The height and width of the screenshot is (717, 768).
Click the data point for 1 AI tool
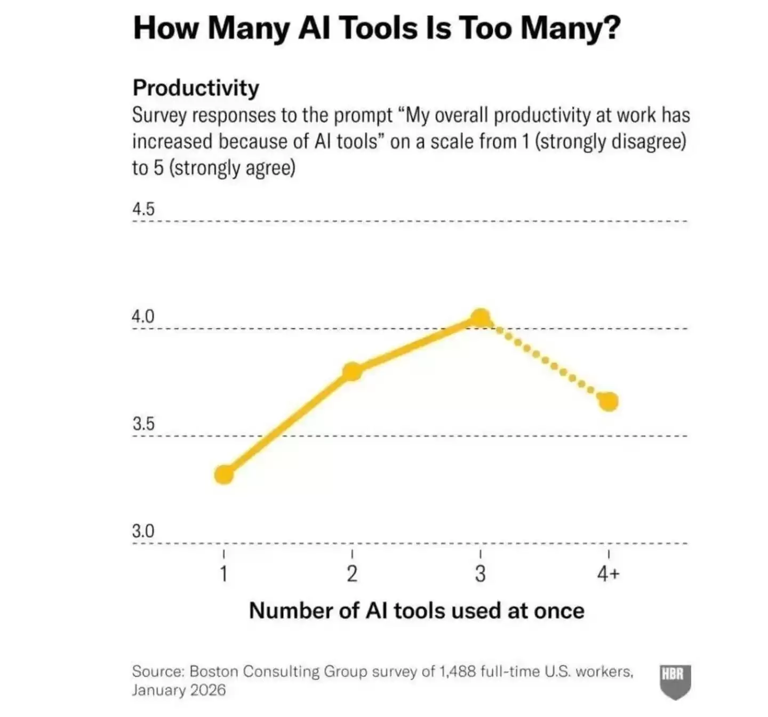[x=224, y=474]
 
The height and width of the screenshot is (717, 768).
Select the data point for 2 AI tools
[x=352, y=371]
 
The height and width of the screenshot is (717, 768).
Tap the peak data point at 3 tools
[x=481, y=318]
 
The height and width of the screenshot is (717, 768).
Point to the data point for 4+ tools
[x=609, y=401]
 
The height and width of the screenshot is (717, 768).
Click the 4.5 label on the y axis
[x=143, y=209]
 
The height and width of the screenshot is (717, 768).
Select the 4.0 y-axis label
[x=143, y=317]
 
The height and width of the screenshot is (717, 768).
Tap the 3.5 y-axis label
[x=143, y=424]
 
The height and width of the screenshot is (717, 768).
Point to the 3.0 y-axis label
[x=143, y=531]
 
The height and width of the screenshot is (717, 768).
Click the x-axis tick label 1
[x=224, y=574]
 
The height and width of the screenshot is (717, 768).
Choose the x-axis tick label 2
[x=352, y=574]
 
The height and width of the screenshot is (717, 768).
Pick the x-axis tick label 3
[x=481, y=574]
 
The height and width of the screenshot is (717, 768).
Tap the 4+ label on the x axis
[x=609, y=574]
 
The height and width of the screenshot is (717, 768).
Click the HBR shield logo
[x=675, y=681]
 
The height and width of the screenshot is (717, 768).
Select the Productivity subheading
[x=196, y=88]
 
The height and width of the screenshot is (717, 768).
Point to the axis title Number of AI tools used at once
[x=417, y=611]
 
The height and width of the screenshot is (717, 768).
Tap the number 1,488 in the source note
[x=457, y=671]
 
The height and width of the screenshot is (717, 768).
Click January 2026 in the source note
[x=179, y=690]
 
